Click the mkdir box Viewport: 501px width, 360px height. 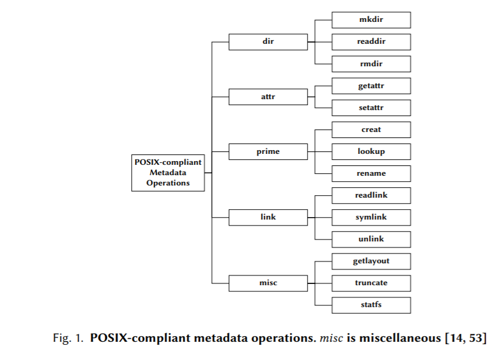click(371, 20)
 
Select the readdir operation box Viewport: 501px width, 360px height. click(371, 42)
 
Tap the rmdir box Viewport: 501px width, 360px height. click(371, 64)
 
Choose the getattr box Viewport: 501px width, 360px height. click(371, 86)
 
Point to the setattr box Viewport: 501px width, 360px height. click(371, 108)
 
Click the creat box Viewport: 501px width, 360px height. click(371, 130)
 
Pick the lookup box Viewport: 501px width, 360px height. click(371, 151)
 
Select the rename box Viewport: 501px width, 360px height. click(371, 173)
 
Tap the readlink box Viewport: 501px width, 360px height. click(371, 195)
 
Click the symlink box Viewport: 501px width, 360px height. click(371, 217)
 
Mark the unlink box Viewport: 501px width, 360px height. click(371, 239)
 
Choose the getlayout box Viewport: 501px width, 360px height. click(371, 261)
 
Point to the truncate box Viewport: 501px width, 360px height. click(371, 283)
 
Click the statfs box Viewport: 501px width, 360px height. click(371, 305)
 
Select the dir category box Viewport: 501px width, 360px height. click(268, 42)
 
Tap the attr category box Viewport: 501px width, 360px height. click(268, 97)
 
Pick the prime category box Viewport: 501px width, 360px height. click(268, 151)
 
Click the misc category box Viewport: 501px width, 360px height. click(268, 283)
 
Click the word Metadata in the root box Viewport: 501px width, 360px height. click(168, 173)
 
